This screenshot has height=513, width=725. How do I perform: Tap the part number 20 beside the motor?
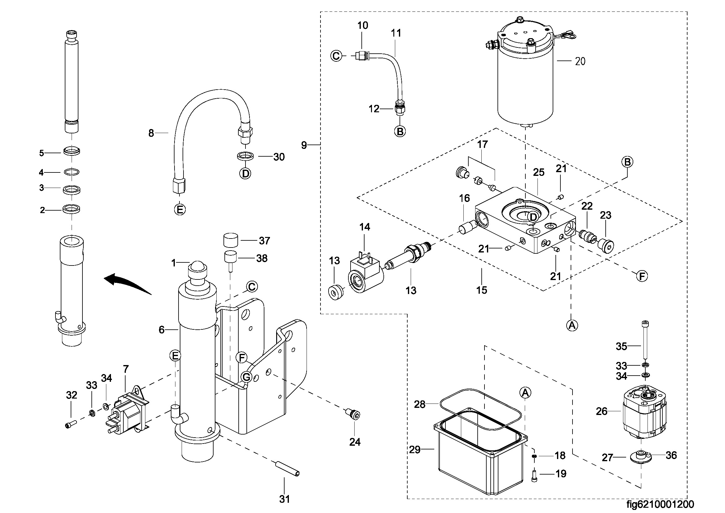[x=580, y=61]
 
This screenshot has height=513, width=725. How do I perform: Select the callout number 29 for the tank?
[x=415, y=449]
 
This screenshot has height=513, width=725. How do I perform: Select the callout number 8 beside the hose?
[x=151, y=133]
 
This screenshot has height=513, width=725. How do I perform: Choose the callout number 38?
[x=262, y=258]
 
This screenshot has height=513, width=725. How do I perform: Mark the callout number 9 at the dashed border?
[x=304, y=145]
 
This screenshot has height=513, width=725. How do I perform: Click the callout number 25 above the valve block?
[x=539, y=172]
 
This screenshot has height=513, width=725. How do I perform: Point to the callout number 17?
[x=482, y=144]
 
